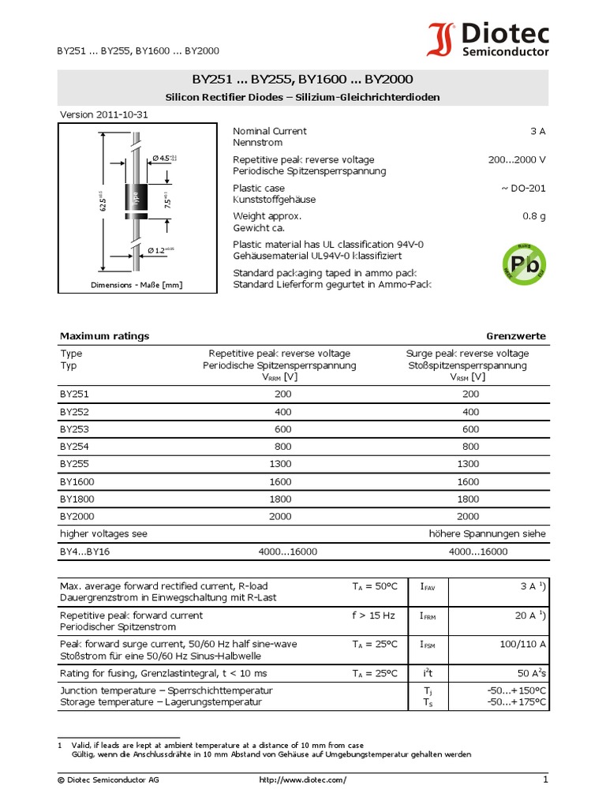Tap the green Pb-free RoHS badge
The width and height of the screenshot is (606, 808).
[x=524, y=266]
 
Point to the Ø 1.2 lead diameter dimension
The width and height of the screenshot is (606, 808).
[x=159, y=250]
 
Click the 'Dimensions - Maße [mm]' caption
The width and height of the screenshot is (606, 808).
[x=137, y=285]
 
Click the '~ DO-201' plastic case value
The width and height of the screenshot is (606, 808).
[x=522, y=188]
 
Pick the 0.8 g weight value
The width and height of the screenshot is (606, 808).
[x=533, y=216]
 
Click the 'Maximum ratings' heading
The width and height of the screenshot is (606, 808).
[x=104, y=336]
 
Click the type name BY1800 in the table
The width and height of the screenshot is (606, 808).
[x=78, y=499]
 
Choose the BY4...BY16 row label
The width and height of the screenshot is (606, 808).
[x=84, y=552]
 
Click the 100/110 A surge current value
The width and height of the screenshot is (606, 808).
[x=522, y=645]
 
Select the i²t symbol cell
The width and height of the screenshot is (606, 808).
[x=427, y=673]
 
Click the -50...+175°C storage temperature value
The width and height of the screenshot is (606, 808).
[x=517, y=701]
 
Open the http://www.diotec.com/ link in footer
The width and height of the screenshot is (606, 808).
[x=302, y=780]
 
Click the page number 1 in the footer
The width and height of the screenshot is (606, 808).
[x=544, y=780]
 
